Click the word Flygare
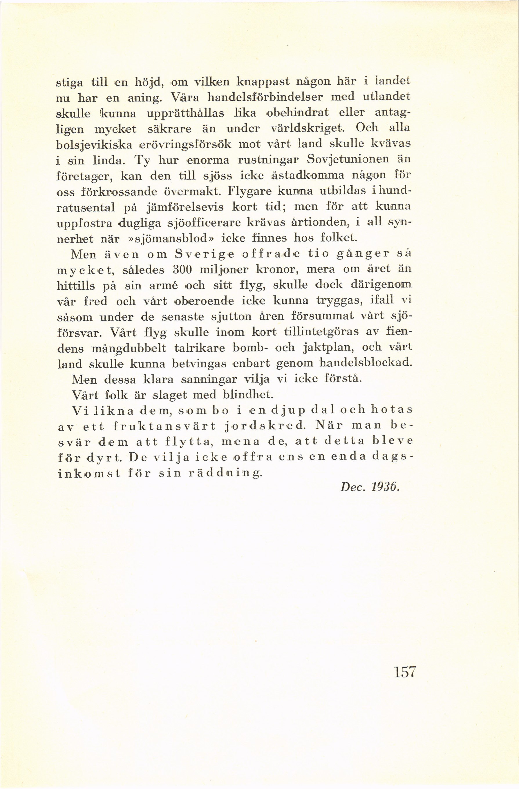(x=249, y=191)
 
